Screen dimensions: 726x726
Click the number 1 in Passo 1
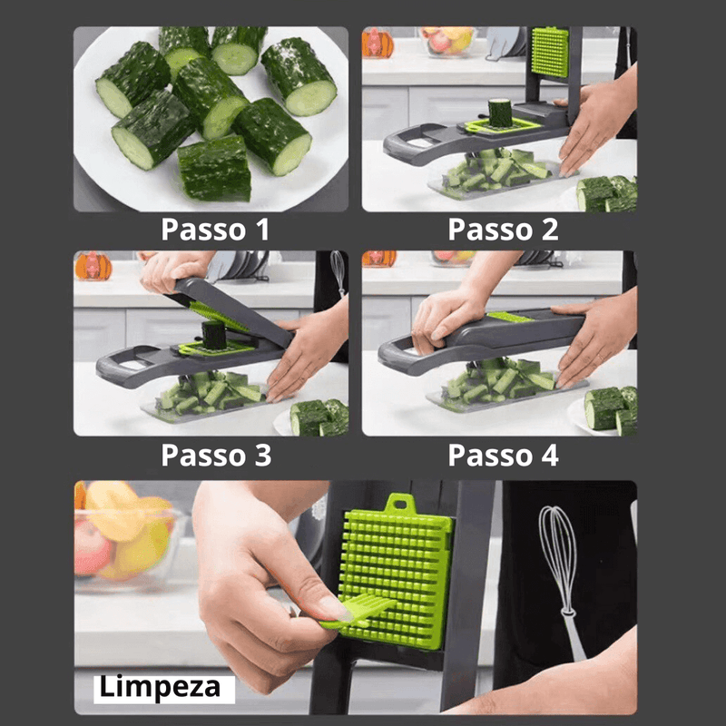click(263, 230)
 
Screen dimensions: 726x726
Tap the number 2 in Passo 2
click(550, 230)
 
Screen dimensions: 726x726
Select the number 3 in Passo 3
click(262, 456)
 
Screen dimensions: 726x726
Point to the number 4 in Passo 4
click(550, 456)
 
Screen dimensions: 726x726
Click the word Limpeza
click(160, 687)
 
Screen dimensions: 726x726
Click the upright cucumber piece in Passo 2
click(500, 113)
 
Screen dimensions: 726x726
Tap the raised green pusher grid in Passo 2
click(550, 52)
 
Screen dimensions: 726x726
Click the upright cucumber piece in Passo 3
click(213, 335)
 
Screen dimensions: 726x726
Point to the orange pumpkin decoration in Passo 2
click(378, 43)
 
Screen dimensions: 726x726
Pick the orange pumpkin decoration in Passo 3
click(93, 266)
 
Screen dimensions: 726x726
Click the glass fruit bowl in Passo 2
click(446, 41)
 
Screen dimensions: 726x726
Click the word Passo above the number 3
click(203, 456)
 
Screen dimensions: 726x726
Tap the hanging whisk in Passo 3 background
click(338, 273)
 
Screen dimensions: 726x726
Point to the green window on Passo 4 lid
click(510, 317)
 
